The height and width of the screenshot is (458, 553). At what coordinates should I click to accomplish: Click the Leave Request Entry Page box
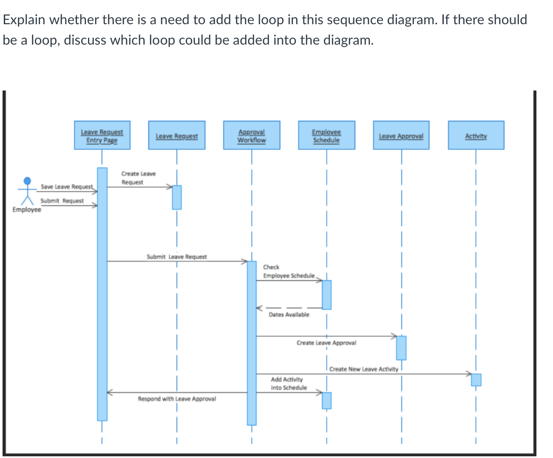102,135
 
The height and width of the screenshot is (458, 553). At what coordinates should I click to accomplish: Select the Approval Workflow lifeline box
252,135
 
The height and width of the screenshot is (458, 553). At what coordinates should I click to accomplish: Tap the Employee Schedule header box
326,135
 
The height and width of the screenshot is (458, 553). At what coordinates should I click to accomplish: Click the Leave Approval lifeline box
401,135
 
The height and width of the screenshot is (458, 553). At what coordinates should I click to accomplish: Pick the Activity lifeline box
476,135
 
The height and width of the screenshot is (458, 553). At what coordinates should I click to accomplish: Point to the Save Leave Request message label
67,187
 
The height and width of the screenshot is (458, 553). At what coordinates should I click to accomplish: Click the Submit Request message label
62,201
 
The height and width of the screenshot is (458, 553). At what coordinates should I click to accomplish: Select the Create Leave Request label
138,178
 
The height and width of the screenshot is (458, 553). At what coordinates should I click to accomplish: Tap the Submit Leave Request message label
176,257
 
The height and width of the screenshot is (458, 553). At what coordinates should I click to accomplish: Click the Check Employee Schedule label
288,271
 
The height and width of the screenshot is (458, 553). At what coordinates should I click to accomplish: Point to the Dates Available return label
289,314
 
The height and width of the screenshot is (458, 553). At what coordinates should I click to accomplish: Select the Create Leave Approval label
326,342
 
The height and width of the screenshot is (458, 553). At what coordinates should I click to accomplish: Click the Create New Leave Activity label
363,369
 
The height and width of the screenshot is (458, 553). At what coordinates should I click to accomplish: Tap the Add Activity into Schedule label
288,383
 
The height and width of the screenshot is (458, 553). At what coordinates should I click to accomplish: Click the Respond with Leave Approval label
176,399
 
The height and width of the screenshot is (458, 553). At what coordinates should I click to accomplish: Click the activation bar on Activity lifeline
476,379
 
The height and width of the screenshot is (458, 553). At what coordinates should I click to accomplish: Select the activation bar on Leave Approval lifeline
401,348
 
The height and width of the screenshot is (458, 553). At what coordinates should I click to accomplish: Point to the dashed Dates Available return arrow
289,308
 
